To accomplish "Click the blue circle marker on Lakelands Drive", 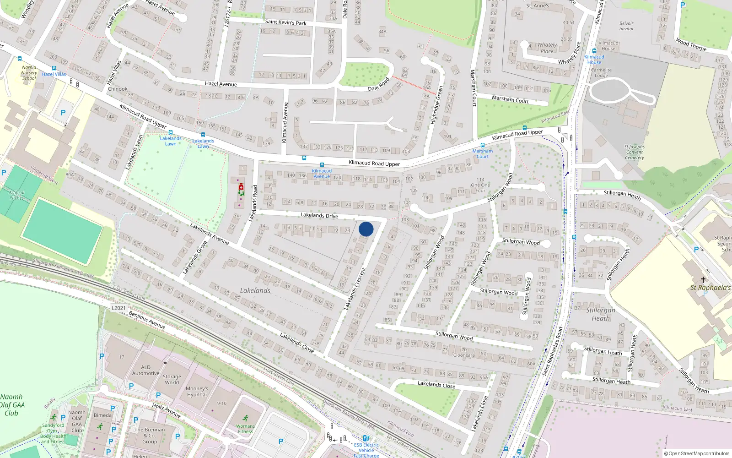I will pos(366,229).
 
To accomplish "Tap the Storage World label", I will pos(172,380).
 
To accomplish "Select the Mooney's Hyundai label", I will pos(197,392).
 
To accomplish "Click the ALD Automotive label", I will pos(146,370).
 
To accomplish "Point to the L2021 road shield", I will pos(118,308).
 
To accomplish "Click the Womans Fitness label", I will pos(245,428).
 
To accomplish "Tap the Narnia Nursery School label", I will pos(29,73).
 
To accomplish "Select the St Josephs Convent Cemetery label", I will pos(634,152).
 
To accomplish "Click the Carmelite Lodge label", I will pos(601,73).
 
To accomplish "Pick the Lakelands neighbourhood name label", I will pos(255,291).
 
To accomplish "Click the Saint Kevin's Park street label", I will pos(285,22).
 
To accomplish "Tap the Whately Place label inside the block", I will pos(547,48).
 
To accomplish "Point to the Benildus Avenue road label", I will pos(147,320).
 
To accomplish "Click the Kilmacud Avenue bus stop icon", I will pos(322,165).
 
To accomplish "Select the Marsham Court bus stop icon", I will pos(482,145).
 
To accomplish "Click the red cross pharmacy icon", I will pos(241,187).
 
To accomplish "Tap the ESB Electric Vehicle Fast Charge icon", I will pos(366,438).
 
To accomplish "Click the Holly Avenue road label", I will pos(166,410).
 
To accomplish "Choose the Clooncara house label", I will pos(464,355).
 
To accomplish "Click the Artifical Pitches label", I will pos(16,195).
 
